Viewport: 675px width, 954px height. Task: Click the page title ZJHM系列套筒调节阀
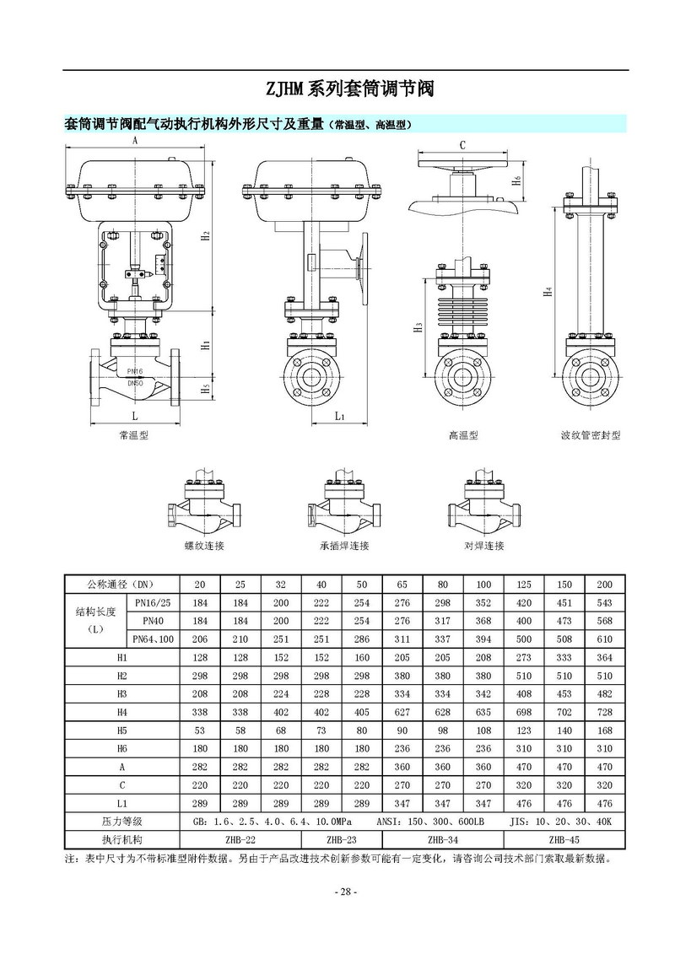click(x=349, y=89)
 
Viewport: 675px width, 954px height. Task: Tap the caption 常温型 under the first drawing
click(x=134, y=435)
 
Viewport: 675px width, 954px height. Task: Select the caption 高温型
click(x=463, y=435)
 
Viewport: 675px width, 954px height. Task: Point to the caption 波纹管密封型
click(x=591, y=435)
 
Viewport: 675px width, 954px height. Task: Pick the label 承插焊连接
click(x=344, y=546)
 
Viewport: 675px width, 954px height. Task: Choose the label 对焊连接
click(x=483, y=546)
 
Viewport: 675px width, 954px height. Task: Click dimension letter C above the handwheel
click(x=462, y=145)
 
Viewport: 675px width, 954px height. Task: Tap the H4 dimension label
click(x=548, y=292)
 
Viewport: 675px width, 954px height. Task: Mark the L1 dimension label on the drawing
click(x=340, y=416)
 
